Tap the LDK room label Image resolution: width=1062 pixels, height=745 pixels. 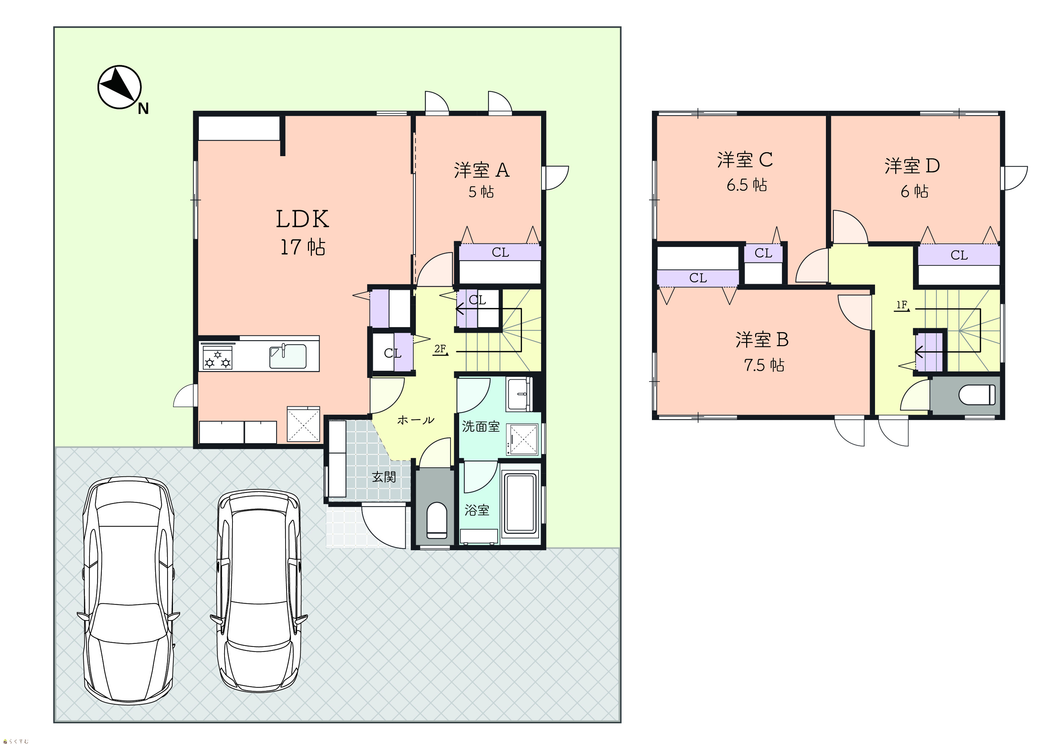point(303,219)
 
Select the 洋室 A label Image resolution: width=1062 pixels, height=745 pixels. point(482,170)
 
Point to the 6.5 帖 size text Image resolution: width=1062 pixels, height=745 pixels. point(747,185)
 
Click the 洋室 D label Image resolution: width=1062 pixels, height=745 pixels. point(912,166)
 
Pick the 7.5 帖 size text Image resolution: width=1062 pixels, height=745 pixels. point(764,365)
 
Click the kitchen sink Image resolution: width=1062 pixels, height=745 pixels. point(288,356)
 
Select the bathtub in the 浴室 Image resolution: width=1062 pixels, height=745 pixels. point(521,504)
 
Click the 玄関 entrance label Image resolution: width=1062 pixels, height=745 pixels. point(384,476)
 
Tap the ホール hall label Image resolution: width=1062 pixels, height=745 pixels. point(415,420)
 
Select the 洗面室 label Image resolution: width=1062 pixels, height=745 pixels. point(480,426)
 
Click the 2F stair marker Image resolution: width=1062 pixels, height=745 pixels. point(440,349)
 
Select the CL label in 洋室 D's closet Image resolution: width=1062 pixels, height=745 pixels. point(959,255)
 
